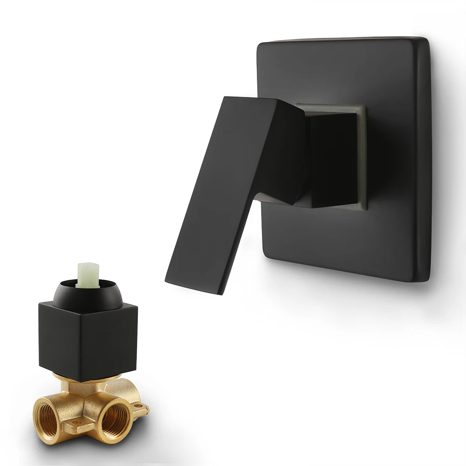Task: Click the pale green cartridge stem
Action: pos(88,274)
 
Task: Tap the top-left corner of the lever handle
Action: pos(226,98)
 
